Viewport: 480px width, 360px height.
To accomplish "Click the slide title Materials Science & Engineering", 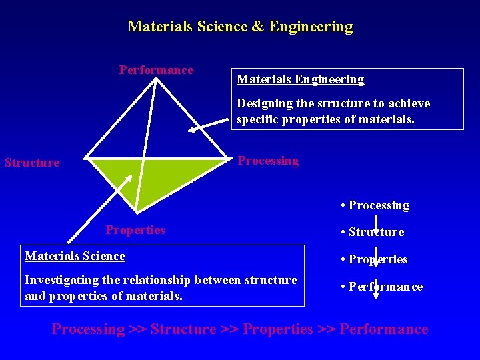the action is click(240, 27).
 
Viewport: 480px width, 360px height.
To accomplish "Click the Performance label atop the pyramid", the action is click(156, 70).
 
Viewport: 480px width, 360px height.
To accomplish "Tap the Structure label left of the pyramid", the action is click(32, 163).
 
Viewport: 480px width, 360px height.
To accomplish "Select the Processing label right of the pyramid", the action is click(268, 161).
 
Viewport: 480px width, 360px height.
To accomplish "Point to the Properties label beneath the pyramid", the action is click(135, 230).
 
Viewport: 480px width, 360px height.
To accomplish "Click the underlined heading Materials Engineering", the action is click(301, 80).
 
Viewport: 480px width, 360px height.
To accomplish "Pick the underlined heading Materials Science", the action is click(75, 256).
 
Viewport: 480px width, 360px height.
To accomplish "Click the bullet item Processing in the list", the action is click(378, 205).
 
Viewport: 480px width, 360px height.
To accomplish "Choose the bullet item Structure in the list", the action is click(375, 232).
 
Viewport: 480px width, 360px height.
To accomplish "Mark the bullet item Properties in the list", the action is click(377, 259).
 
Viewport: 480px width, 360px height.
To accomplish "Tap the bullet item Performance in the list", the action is click(385, 287).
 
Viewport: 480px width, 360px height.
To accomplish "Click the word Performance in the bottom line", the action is click(384, 329).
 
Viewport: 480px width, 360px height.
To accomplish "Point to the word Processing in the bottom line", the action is click(88, 329).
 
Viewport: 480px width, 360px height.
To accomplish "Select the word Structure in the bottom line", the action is click(183, 329).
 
